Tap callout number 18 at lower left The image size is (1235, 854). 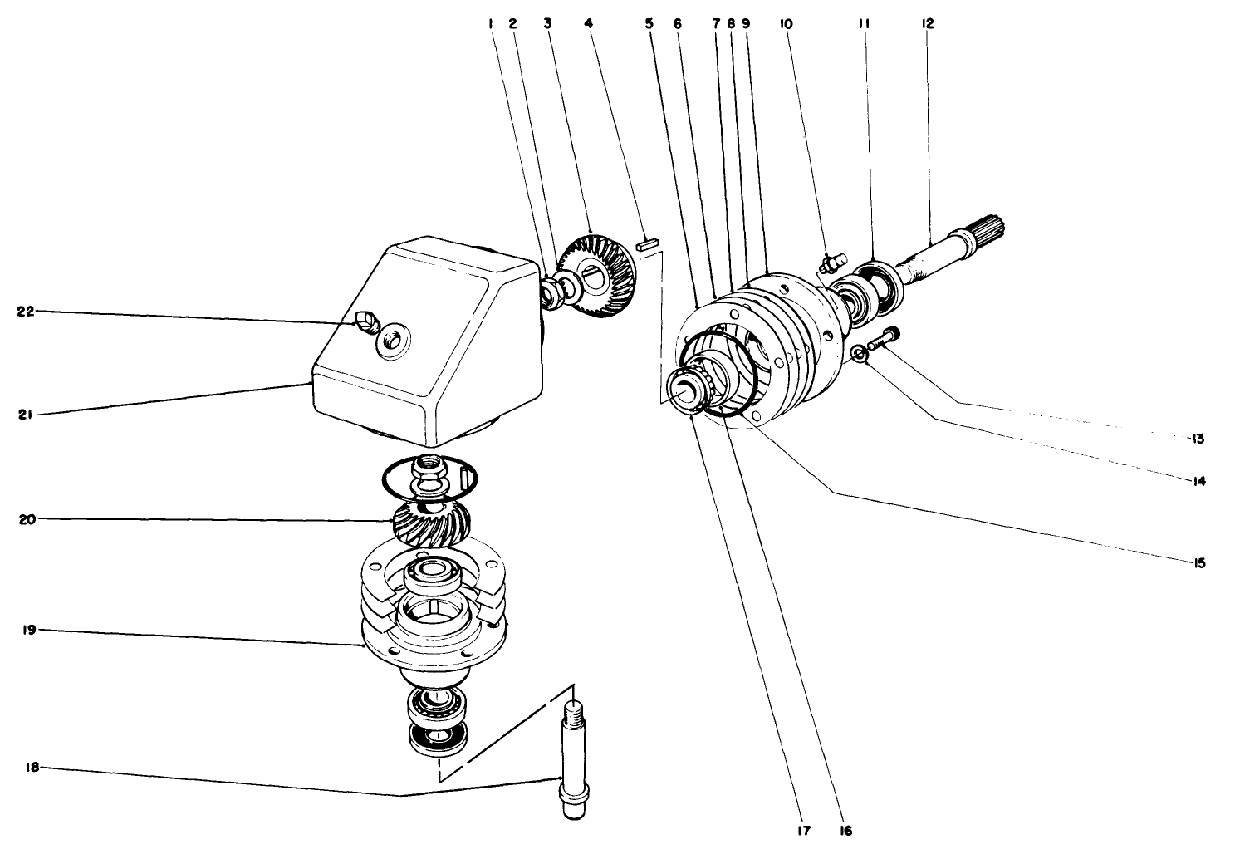click(x=31, y=768)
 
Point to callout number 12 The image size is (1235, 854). click(x=928, y=24)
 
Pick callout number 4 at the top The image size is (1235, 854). click(x=589, y=24)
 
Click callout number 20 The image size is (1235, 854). click(x=25, y=520)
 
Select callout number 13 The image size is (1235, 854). click(x=1198, y=438)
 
